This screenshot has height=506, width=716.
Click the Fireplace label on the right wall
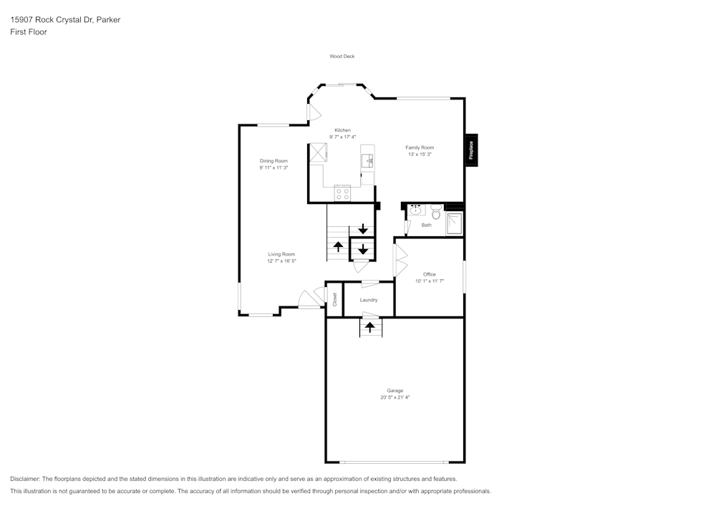471,150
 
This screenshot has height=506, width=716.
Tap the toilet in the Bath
435,210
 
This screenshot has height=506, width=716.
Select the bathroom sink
417,210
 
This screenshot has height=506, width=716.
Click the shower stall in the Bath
454,224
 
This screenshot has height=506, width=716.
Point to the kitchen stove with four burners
342,193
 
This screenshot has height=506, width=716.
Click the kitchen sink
368,160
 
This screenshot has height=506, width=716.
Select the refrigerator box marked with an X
318,152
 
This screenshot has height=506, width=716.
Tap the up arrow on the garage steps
369,328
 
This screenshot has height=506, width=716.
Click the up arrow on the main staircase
337,247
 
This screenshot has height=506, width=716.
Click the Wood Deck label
342,57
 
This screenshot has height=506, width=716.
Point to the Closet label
334,300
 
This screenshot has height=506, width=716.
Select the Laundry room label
369,300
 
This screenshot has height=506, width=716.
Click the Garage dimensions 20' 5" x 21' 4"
395,397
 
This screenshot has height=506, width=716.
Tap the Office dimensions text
430,281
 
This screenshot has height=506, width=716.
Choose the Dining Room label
274,161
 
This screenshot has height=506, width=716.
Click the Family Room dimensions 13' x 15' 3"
420,155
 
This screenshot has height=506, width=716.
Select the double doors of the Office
399,261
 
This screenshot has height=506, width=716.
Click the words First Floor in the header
29,32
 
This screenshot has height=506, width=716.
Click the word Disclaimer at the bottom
25,479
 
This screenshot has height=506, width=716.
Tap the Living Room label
281,254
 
